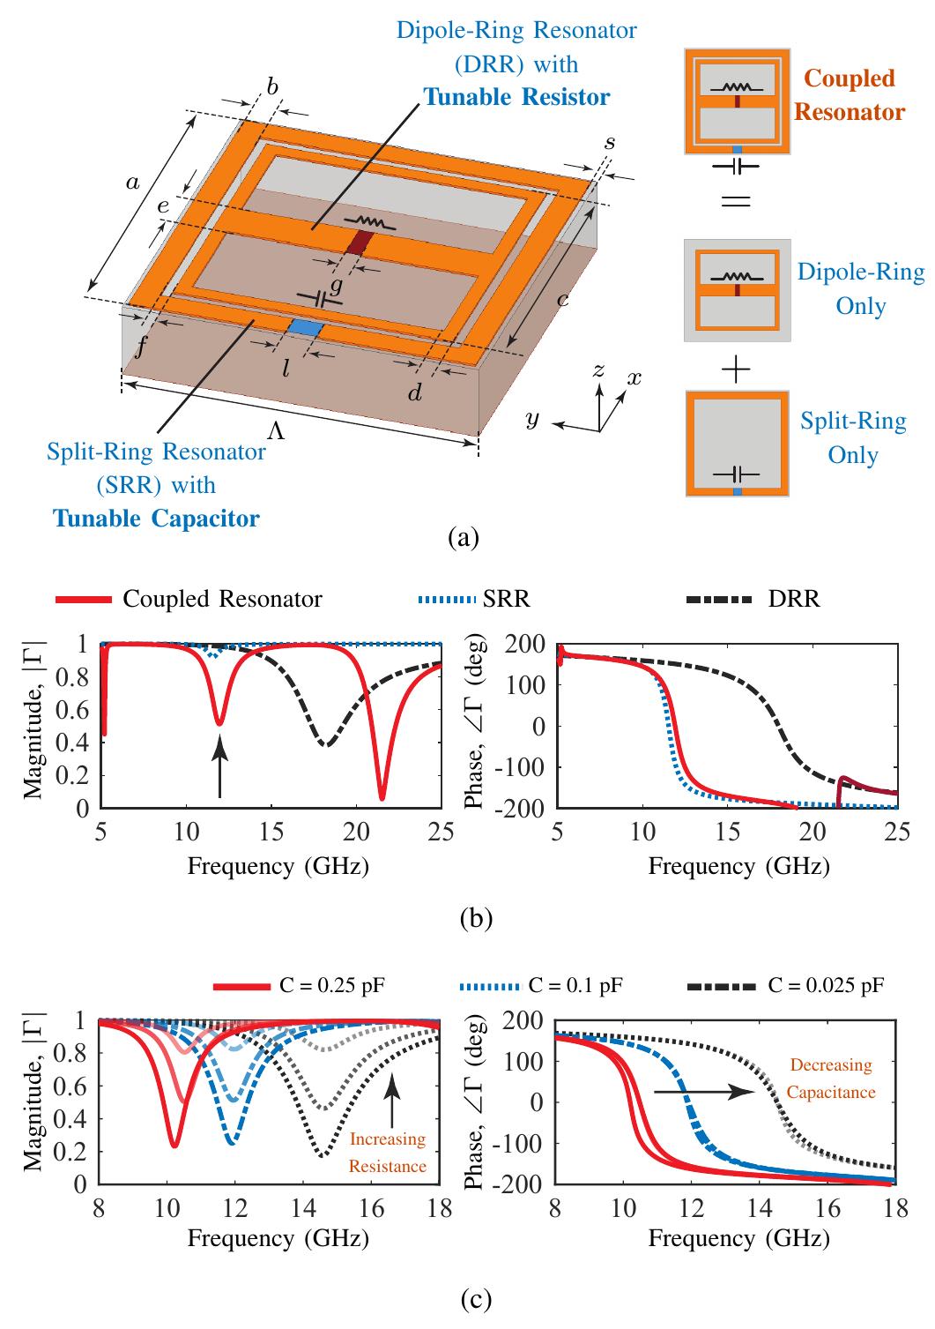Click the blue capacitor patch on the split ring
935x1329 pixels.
305,328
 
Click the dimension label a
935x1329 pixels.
132,183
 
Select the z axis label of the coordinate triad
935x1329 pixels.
598,370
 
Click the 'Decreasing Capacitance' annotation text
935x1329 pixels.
830,1079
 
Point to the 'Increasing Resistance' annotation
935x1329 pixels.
387,1153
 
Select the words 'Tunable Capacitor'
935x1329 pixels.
157,518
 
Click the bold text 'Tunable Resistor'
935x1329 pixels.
516,96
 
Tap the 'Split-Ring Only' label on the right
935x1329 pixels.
853,437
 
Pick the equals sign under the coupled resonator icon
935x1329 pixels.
736,202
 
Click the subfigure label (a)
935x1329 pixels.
464,538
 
